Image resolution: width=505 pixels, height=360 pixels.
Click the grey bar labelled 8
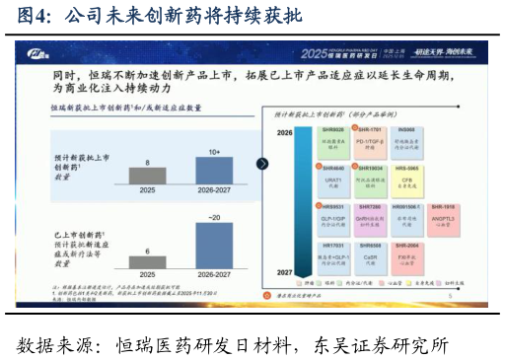(147, 176)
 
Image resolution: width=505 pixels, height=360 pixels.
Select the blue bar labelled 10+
(214, 171)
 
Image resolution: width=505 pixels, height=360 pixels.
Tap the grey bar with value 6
(147, 261)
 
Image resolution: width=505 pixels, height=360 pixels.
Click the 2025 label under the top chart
(147, 190)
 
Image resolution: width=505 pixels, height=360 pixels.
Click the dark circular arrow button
(262, 164)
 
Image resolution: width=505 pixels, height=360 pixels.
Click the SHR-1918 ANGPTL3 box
(443, 216)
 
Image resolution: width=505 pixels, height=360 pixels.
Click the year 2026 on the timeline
(284, 131)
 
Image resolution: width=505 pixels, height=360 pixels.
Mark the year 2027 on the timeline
(284, 271)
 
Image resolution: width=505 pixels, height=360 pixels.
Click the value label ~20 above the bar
(214, 216)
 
